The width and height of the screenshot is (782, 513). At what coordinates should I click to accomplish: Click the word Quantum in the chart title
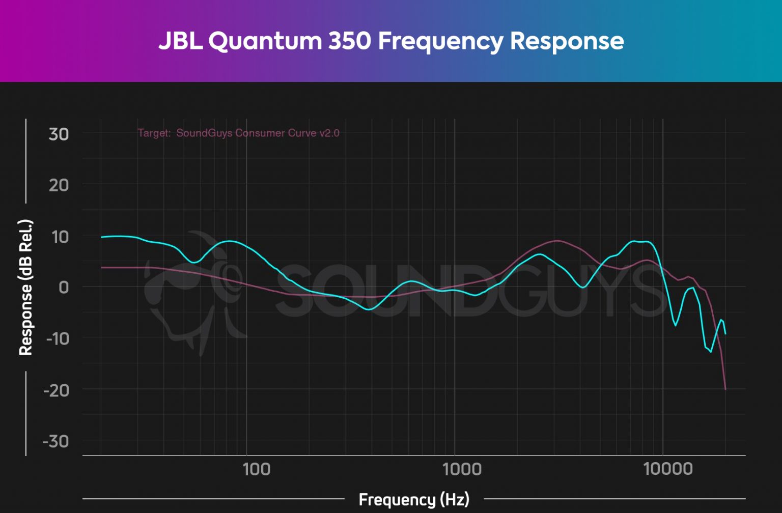[265, 41]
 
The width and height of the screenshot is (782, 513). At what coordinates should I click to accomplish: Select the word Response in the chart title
[567, 41]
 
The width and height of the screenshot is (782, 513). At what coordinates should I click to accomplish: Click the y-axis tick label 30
[59, 134]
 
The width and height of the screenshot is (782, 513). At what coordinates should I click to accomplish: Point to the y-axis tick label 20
[59, 185]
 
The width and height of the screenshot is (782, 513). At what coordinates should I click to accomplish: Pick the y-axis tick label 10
[59, 237]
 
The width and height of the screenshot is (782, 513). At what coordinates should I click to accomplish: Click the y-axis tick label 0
[64, 288]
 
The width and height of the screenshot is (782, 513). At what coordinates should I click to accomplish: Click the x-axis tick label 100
[256, 469]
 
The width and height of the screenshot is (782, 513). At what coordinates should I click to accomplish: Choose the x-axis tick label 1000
[462, 469]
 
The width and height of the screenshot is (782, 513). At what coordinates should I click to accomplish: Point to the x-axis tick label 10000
[668, 469]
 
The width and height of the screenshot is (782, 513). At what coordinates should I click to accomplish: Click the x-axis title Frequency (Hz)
[414, 500]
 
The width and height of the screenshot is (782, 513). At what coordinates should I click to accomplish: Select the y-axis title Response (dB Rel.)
[25, 288]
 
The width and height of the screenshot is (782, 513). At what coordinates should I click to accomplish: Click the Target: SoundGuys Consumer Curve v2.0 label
[238, 133]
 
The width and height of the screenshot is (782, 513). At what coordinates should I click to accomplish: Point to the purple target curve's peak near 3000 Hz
[558, 240]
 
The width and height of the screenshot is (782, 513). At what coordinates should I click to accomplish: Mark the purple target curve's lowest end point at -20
[725, 389]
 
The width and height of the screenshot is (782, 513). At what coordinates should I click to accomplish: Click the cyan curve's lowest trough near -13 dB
[711, 352]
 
